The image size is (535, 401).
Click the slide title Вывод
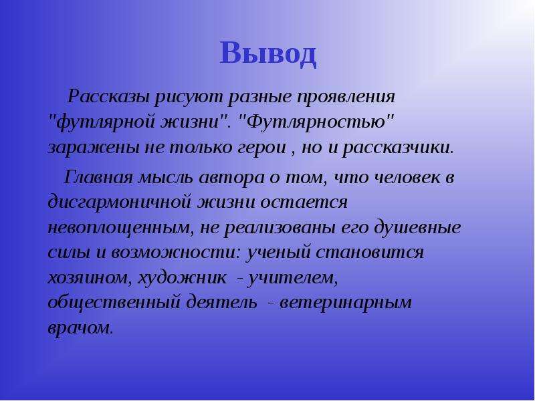[x=268, y=53]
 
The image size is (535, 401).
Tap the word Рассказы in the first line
[x=108, y=96]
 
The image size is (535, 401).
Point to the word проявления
[x=346, y=97]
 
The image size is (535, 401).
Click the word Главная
[x=98, y=177]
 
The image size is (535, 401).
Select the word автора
[x=231, y=178]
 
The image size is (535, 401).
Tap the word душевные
[x=417, y=227]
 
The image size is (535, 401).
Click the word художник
[x=182, y=277]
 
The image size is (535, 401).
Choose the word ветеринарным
[x=346, y=303]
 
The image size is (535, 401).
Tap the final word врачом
[x=80, y=329]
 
